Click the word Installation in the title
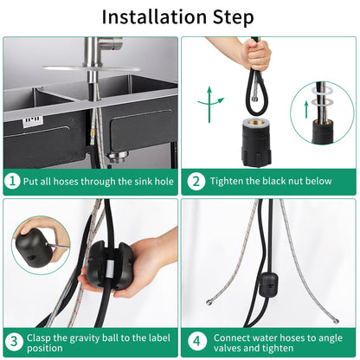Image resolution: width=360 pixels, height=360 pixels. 155,17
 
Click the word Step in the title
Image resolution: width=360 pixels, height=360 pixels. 234,18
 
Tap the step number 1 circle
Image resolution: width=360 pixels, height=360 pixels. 12,181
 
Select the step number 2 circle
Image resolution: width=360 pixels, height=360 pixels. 196,181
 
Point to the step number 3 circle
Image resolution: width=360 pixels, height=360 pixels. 14,342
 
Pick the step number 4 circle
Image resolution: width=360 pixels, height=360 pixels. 196,342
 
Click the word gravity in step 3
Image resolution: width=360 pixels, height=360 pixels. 89,337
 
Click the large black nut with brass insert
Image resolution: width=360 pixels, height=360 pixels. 256,142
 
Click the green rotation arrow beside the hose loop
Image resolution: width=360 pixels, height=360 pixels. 210,103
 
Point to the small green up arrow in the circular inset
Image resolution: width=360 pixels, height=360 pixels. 306,110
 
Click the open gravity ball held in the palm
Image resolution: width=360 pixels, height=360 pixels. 109,265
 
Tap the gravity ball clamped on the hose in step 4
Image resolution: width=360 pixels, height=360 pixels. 269,285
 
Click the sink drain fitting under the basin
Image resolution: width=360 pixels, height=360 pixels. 117,156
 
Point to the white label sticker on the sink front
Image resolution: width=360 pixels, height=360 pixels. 32,120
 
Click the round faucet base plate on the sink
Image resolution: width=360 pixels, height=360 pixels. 92,68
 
